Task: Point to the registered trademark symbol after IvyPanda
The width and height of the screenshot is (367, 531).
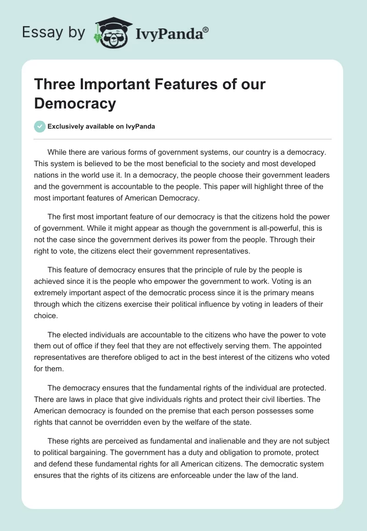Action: (206, 30)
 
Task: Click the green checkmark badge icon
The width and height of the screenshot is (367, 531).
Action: (39, 126)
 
